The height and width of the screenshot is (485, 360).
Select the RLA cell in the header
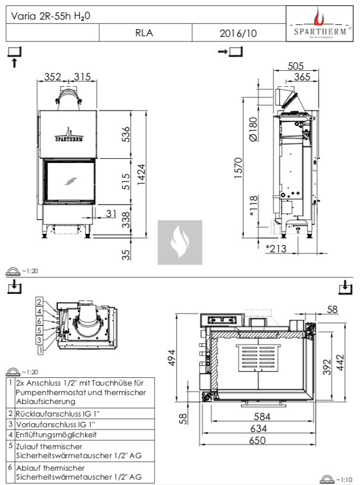pyautogui.click(x=144, y=33)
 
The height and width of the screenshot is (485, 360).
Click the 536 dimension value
pyautogui.click(x=126, y=135)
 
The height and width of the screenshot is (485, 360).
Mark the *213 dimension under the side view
pyautogui.click(x=276, y=248)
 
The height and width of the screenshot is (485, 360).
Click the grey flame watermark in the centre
pyautogui.click(x=180, y=242)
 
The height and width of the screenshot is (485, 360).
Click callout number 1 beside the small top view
pyautogui.click(x=40, y=351)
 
